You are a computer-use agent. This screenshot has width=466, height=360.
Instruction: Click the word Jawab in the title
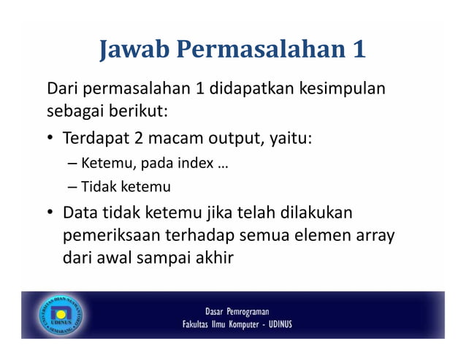pos(133,50)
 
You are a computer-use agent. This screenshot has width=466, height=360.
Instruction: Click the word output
pos(226,138)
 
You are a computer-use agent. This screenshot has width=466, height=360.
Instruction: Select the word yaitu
pos(288,139)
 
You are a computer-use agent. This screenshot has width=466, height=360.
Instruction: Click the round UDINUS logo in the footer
pos(61,315)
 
